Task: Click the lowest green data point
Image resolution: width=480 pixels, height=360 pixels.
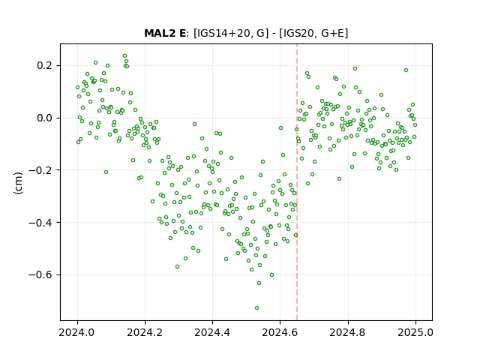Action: tap(256, 307)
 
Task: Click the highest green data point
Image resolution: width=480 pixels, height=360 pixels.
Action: tap(125, 56)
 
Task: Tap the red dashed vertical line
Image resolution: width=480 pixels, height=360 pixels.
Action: tap(297, 182)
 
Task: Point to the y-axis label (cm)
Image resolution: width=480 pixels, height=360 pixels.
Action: tap(18, 183)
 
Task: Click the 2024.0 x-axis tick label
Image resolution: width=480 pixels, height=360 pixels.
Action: tap(77, 332)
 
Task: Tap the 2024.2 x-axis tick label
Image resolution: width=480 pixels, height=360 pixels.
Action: tap(145, 332)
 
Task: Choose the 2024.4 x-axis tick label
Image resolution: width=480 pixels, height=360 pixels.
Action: tap(212, 332)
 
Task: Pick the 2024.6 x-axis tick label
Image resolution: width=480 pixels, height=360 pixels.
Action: tap(280, 332)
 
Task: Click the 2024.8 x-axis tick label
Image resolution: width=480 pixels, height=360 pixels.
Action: tap(348, 332)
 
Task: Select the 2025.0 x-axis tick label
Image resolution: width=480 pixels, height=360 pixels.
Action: tap(415, 332)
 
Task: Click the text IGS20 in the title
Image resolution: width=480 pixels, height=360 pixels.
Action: tap(299, 33)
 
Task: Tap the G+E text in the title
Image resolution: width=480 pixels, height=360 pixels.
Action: tap(332, 33)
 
